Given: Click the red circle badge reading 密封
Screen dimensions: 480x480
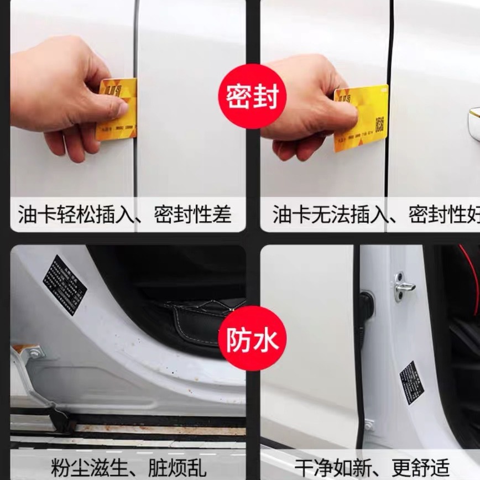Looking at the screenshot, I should (x=252, y=96).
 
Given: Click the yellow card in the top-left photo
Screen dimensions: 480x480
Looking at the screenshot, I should (x=118, y=109).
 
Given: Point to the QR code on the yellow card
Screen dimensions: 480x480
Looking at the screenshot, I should (x=380, y=124).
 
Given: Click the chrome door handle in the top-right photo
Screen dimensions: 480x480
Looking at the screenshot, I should (x=474, y=123).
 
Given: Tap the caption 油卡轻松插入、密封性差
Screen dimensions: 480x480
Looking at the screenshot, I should (x=124, y=215).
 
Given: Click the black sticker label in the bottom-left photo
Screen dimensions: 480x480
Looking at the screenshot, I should (x=65, y=284).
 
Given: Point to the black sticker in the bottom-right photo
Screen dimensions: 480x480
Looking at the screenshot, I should (x=411, y=382).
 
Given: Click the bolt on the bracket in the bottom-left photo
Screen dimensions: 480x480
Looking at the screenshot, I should (x=34, y=352).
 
